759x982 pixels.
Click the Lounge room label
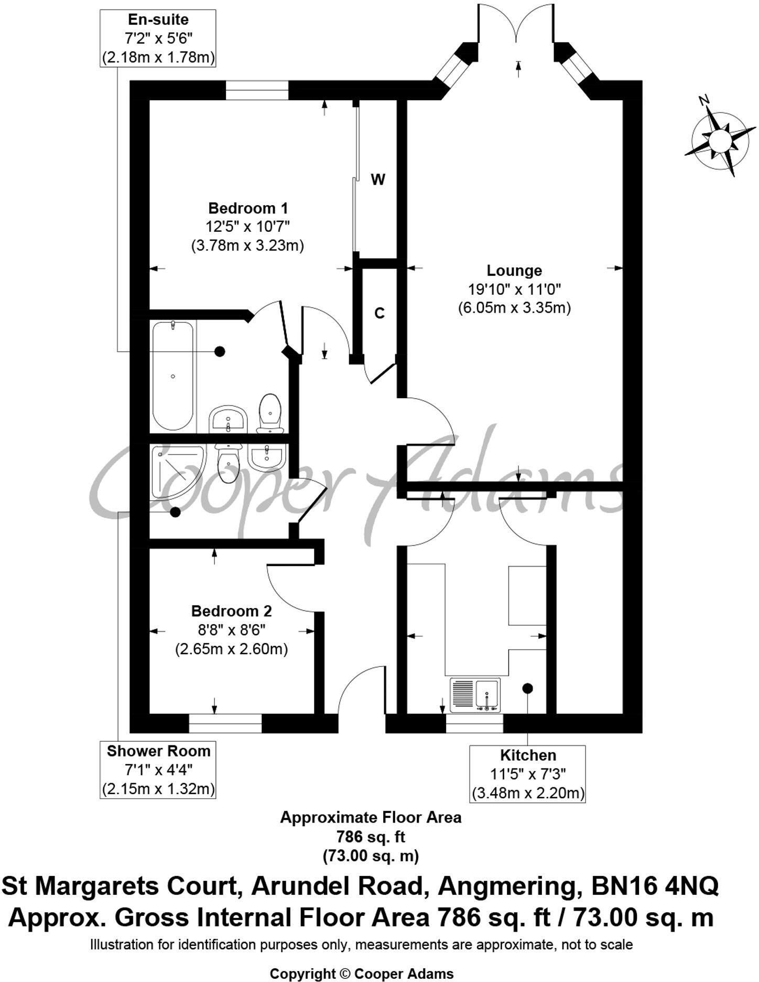coord(514,271)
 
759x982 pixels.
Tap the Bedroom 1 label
coord(248,208)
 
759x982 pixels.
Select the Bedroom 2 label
coord(231,611)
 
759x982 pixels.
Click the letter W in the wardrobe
coord(378,180)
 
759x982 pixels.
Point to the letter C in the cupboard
coord(379,313)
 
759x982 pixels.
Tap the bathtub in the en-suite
coord(172,376)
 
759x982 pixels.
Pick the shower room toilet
coord(228,464)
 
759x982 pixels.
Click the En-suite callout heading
coord(158,20)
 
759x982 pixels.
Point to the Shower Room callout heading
coord(158,751)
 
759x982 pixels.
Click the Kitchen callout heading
coord(527,755)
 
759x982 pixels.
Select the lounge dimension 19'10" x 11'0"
coord(514,289)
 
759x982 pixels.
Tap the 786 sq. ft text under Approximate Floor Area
coord(370,836)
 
